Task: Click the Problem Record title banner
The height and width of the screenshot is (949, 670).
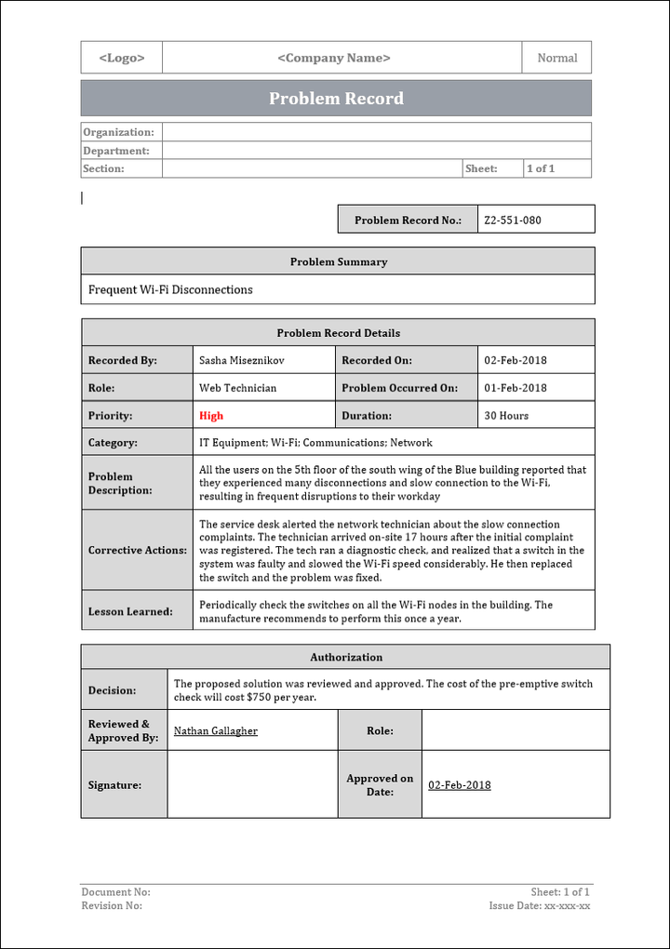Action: coord(336,99)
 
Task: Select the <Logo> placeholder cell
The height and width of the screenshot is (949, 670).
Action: coord(122,58)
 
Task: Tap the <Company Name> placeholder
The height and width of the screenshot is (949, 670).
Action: coord(334,58)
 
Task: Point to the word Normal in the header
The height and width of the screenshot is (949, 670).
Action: coord(557,58)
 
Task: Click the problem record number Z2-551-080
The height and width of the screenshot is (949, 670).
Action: coord(513,221)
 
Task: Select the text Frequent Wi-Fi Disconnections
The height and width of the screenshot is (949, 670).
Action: coord(170,289)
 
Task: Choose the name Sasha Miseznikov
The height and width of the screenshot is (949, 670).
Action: coord(242,360)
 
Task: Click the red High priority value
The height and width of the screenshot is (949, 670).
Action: coord(211,416)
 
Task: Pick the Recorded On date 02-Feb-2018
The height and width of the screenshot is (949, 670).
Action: coord(516,360)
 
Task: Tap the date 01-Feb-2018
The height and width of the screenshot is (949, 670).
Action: coord(516,388)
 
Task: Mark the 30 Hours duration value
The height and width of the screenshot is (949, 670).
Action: coord(506,416)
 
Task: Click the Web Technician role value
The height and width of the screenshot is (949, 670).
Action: coord(237,388)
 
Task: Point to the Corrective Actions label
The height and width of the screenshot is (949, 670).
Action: coord(137,550)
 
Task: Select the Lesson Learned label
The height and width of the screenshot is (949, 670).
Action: coord(130,611)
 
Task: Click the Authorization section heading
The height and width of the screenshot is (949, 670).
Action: coord(346,657)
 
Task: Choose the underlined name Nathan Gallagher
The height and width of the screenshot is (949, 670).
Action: coord(216,731)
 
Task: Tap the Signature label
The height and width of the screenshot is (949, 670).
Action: coord(114,785)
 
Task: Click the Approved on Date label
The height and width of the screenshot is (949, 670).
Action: coord(380,785)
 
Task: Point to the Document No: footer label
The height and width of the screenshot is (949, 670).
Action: coord(115,892)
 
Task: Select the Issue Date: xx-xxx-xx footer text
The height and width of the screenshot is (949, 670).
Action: coord(540,905)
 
